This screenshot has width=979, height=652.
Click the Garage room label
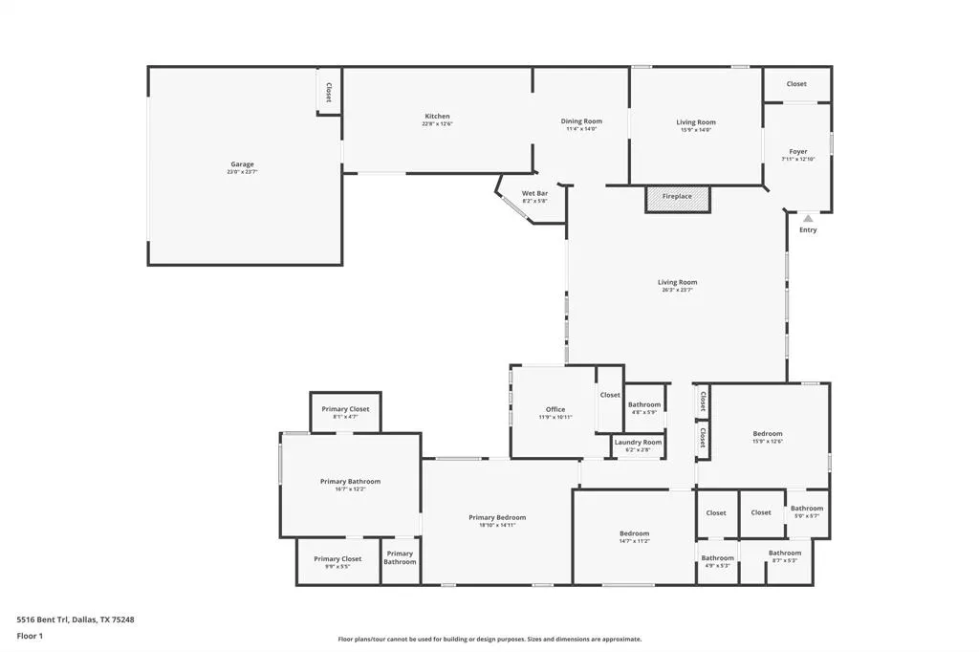pyautogui.click(x=242, y=164)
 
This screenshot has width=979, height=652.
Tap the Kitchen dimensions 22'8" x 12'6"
pyautogui.click(x=437, y=123)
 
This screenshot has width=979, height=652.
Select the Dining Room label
pyautogui.click(x=581, y=121)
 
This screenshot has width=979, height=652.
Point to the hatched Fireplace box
pyautogui.click(x=677, y=197)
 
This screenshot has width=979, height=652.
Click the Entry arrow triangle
pyautogui.click(x=808, y=219)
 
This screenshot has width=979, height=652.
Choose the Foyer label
pyautogui.click(x=798, y=151)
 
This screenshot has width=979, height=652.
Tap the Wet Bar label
pyautogui.click(x=534, y=194)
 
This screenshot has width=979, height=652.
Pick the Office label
pyautogui.click(x=555, y=409)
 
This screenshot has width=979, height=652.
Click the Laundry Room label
pyautogui.click(x=638, y=443)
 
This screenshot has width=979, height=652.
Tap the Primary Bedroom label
pyautogui.click(x=497, y=517)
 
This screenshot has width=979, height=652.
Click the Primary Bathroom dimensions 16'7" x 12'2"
pyautogui.click(x=350, y=489)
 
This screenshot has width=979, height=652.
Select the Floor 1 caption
pyautogui.click(x=30, y=635)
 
